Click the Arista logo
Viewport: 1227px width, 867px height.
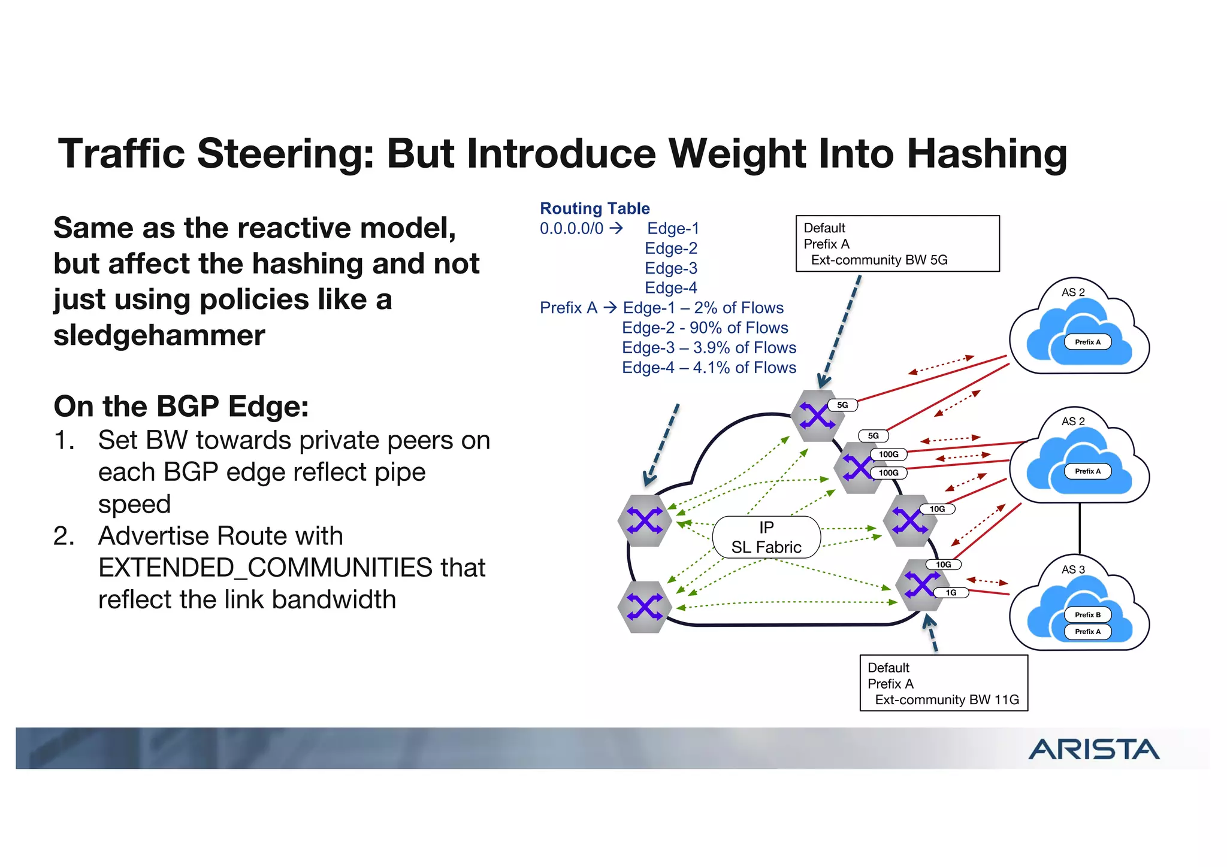pos(1094,749)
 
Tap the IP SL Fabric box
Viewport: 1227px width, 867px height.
pos(766,537)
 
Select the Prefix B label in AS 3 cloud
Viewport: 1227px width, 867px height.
pos(1087,615)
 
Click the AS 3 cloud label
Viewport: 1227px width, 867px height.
pos(1073,569)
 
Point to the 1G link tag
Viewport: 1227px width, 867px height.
pos(951,593)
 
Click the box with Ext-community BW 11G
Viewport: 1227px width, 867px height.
pos(944,683)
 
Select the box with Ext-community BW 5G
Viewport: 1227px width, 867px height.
pos(897,244)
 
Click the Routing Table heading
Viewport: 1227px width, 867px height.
pos(595,208)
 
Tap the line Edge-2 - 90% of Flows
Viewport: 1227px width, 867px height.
pos(705,328)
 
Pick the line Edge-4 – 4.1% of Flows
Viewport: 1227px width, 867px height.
pos(709,368)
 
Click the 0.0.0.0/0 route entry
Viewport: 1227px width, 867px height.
pos(572,229)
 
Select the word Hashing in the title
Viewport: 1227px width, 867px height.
pos(987,154)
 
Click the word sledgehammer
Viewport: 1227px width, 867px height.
pos(159,335)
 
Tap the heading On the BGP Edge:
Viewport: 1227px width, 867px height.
pos(182,407)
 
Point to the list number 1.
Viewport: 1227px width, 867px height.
pos(64,441)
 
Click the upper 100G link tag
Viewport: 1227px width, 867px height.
pos(888,454)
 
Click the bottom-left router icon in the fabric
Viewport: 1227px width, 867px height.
pos(644,607)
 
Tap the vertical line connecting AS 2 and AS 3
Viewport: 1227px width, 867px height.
pos(1080,529)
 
